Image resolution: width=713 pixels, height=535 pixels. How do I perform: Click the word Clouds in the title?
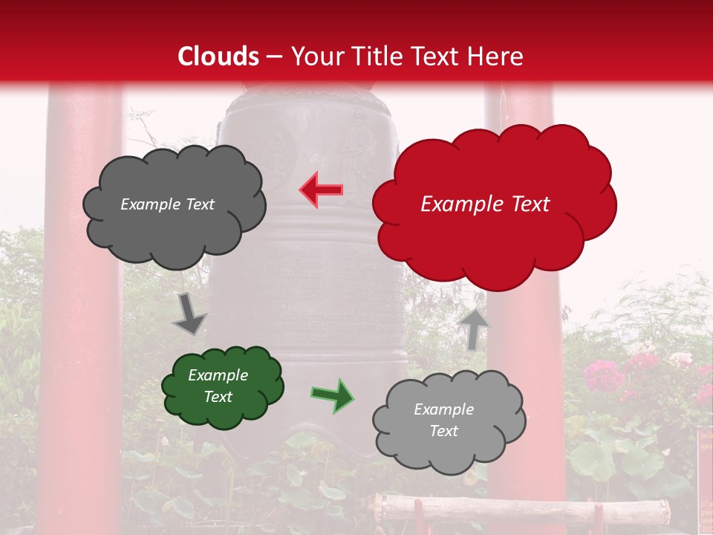coord(218,56)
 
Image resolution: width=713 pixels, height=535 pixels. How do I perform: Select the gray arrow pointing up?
coord(473,328)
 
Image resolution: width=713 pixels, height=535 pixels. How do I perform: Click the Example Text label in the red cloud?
coord(485,204)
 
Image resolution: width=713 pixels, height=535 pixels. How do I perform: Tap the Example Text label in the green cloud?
coord(218,386)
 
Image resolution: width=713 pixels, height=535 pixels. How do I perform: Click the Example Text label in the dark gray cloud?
coord(167,204)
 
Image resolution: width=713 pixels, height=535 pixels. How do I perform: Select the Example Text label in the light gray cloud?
coord(443,420)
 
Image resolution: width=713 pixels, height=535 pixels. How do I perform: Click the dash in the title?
coord(274,56)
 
